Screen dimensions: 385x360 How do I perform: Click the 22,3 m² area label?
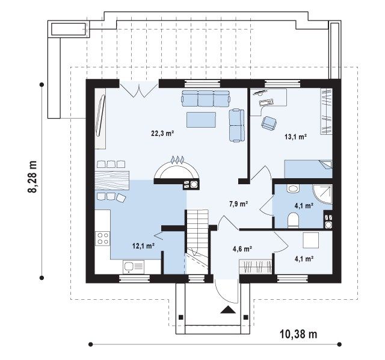pos(162,134)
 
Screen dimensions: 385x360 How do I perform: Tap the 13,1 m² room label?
pos(296,137)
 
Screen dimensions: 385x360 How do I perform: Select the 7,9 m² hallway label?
pos(238,203)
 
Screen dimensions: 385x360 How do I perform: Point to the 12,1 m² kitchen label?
pos(143,246)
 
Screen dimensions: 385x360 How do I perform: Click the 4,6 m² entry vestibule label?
pos(242,249)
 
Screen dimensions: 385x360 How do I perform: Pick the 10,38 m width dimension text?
pos(298,334)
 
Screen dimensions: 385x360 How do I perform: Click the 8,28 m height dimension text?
pos(32,177)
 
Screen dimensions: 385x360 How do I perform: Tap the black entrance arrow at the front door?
pos(229,309)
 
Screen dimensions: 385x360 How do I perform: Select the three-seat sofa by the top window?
pos(206,98)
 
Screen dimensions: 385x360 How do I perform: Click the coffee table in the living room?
pos(201,120)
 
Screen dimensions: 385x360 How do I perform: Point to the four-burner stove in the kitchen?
pos(103,238)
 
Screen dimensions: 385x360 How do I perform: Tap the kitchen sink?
pos(134,267)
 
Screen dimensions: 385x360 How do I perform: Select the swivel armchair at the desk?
pos(269,123)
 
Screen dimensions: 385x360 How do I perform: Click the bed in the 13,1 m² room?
pos(309,169)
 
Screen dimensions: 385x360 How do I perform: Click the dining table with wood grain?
pos(112,181)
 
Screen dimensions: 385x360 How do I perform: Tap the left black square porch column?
pos(180,317)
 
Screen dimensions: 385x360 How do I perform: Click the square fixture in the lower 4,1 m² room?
pos(311,240)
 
